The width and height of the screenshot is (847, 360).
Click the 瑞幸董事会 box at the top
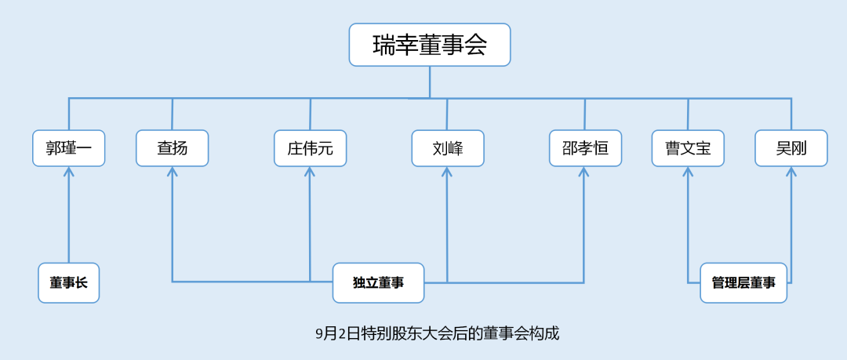coord(430,45)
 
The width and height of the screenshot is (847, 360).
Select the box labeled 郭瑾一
coord(68,148)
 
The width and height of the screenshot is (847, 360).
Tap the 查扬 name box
coord(172,148)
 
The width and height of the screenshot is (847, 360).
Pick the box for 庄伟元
coord(310,148)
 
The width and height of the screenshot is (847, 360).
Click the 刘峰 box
coord(448,148)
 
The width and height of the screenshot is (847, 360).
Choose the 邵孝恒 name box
coord(585,148)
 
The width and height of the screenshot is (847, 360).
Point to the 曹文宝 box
coord(688,148)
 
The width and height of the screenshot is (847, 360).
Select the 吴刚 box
coord(791,148)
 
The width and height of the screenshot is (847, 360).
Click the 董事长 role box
coord(69,283)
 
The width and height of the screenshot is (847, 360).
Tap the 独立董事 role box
coord(378,283)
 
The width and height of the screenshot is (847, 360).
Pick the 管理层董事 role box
coord(743,283)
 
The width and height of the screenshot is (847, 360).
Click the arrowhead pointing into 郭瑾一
coord(69,172)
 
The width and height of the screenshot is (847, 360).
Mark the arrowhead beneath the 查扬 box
coord(173,172)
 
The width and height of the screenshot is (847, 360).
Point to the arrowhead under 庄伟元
coord(310,172)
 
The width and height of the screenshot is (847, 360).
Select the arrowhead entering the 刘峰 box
coord(447,172)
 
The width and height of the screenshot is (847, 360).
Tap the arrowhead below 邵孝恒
coord(583,172)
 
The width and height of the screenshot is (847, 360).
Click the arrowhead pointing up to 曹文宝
coord(688,172)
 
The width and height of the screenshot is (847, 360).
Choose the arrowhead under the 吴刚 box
coord(791,172)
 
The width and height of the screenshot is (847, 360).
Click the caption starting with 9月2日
coord(437,333)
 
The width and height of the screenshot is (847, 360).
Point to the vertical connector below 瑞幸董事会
coord(430,82)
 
